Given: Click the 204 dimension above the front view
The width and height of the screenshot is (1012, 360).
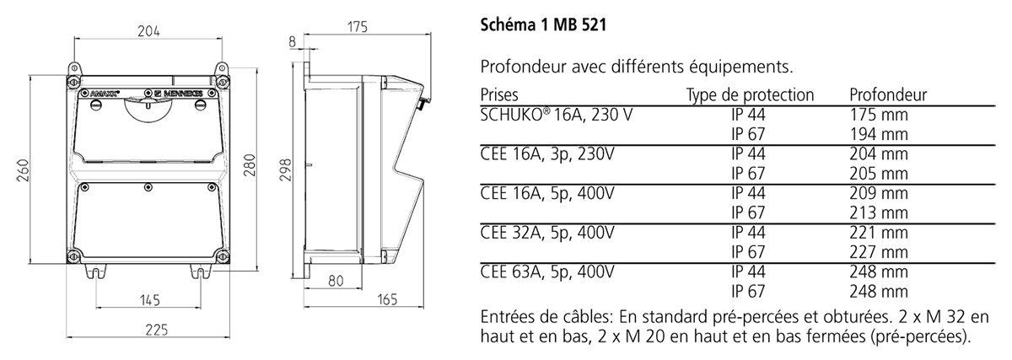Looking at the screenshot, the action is pos(148,30).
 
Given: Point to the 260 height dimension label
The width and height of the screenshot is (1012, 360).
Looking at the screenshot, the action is pos(23,170).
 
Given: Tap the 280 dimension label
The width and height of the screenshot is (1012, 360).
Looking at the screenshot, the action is pos(249,165).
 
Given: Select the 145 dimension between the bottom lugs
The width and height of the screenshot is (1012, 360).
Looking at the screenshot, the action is pos(149,300).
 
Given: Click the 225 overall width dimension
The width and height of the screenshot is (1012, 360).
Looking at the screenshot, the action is pos(156,330).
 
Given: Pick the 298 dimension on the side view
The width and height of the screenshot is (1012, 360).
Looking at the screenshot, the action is pos(285,169).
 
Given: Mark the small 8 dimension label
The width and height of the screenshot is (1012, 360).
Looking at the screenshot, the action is pos(292,42).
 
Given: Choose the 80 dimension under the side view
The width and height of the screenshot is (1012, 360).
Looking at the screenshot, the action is pos(336,281).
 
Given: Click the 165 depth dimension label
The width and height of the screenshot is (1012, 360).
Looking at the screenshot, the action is pos(387,299).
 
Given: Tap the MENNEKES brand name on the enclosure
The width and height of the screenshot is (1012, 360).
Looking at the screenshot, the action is pos(180,94).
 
